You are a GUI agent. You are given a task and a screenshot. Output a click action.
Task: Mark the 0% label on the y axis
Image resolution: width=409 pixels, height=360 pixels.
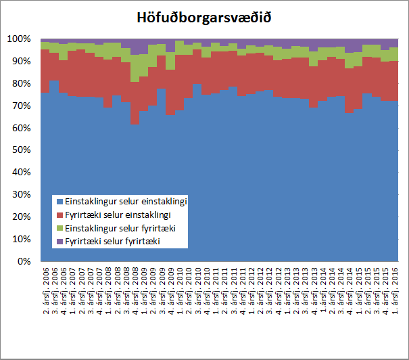[26, 261]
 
